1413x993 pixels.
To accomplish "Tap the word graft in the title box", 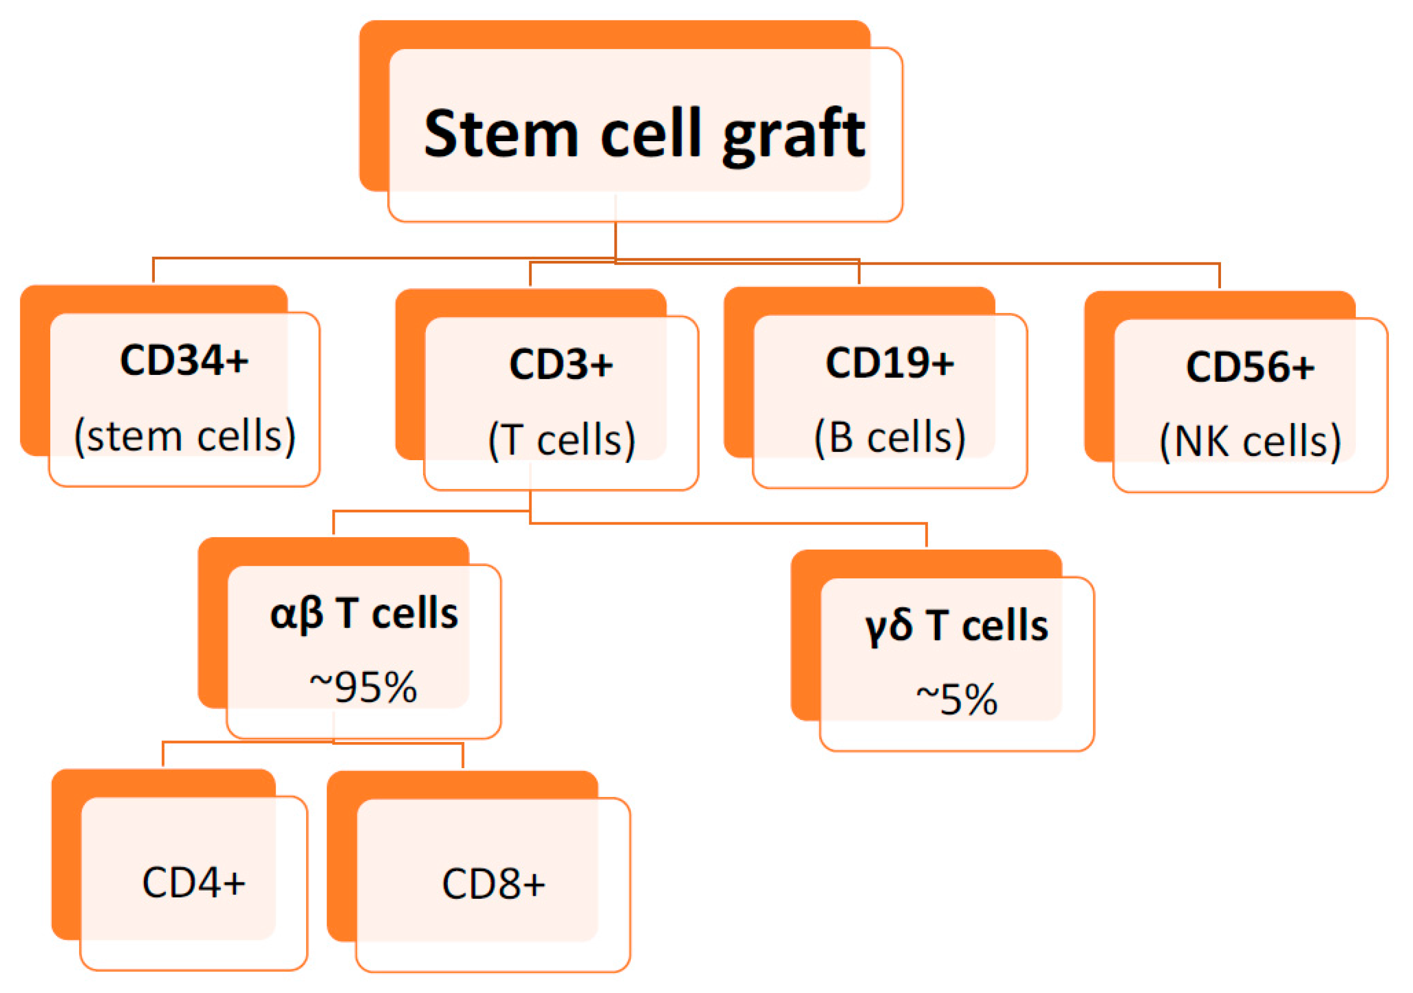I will (794, 135).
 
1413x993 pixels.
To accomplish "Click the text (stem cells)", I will (185, 436).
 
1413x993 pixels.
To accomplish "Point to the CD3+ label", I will (561, 364).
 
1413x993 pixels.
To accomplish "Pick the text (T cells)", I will (561, 440).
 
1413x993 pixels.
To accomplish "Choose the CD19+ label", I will (889, 363).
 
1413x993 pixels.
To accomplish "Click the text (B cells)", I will (890, 438).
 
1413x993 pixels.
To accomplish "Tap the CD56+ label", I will (1250, 367).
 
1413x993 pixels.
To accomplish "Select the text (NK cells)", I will (1250, 442).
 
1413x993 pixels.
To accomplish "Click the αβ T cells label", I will (364, 613).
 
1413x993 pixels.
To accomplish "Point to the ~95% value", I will (363, 687).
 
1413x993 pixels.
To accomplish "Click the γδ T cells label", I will (956, 626).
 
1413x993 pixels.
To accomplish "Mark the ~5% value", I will (956, 700).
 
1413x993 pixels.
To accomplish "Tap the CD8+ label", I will (493, 885).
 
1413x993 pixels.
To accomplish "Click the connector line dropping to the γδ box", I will (926, 535).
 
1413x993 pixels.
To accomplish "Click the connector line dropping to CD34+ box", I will (153, 270).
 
